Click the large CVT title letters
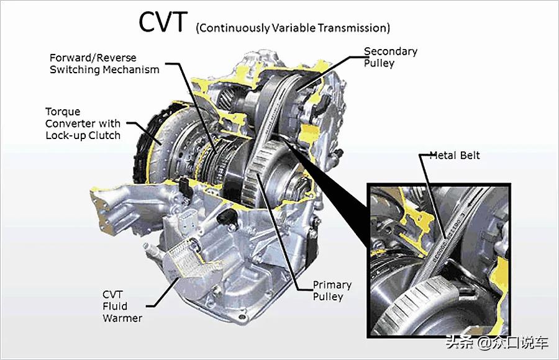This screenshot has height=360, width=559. [x=163, y=22]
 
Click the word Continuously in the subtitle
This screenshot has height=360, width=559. [x=233, y=28]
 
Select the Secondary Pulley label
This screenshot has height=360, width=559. [x=390, y=57]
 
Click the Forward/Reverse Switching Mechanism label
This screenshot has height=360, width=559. [x=104, y=63]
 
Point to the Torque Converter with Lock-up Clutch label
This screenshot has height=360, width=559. [x=83, y=124]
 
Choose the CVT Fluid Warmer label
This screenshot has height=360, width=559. [x=122, y=306]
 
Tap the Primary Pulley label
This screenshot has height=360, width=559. [x=332, y=290]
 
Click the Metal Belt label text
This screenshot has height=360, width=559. [x=455, y=155]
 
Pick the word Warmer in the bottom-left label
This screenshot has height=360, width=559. [x=122, y=318]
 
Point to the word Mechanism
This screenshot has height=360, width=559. [x=131, y=69]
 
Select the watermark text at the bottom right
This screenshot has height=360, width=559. [x=498, y=343]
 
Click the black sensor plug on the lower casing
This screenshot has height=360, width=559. [x=226, y=216]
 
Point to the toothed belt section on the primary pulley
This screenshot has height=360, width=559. [x=257, y=168]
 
